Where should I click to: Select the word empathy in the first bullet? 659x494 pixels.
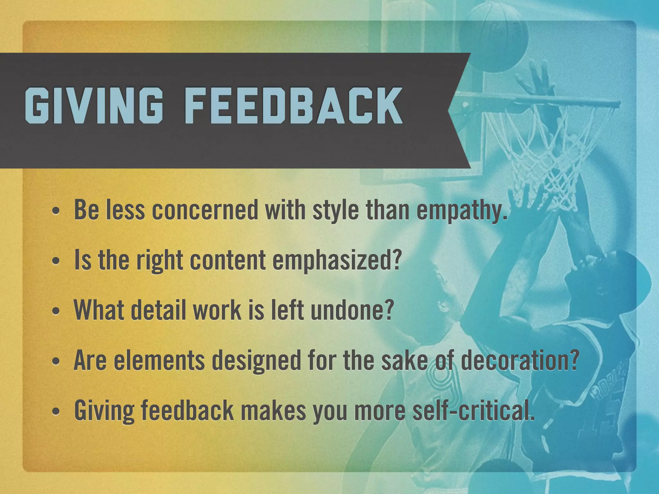point(462,211)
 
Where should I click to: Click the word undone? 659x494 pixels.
point(352,310)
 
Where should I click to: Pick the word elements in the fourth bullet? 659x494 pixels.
point(160,361)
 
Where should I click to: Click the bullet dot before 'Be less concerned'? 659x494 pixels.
point(56,212)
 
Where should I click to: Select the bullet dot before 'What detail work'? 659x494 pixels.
point(56,311)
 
